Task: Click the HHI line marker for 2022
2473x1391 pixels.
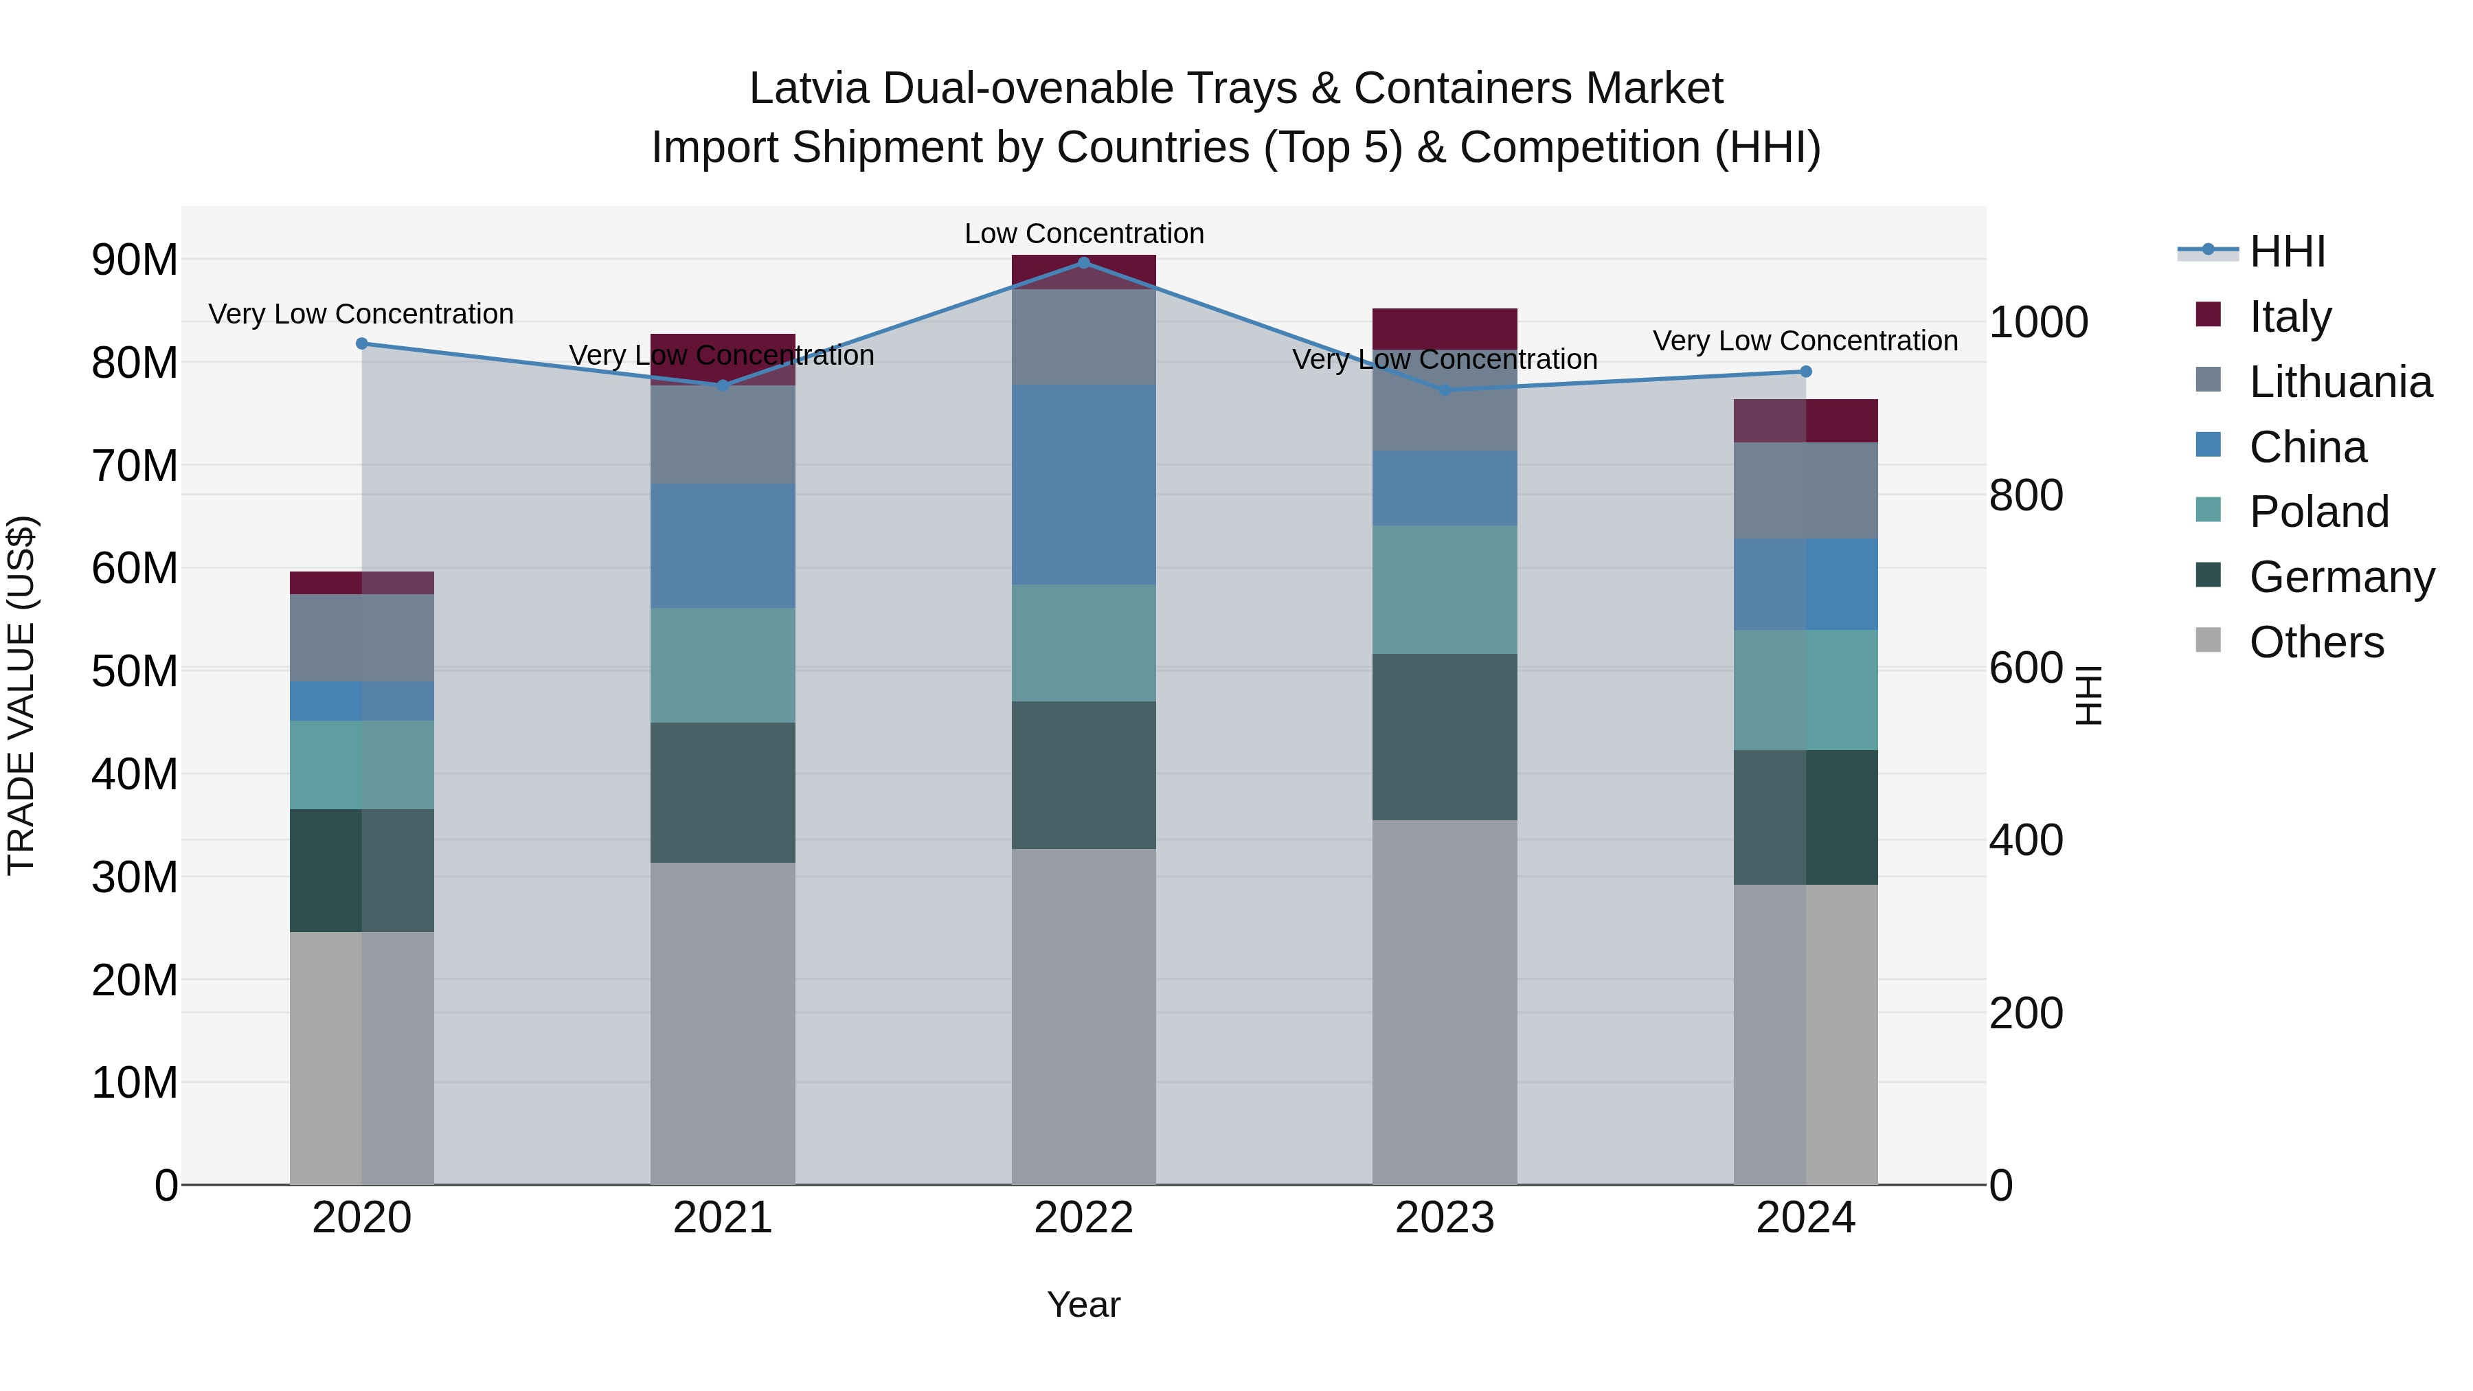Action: pos(1084,262)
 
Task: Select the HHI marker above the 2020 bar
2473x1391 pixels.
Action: pos(362,343)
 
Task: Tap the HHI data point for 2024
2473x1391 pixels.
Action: pos(1806,372)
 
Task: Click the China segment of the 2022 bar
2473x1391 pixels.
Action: pos(1084,485)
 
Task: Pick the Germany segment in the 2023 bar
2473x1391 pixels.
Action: pos(1445,736)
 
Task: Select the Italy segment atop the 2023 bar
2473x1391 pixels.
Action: pos(1445,328)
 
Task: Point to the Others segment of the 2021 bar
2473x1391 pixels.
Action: pos(723,1022)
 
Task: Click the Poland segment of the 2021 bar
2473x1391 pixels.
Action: pos(723,664)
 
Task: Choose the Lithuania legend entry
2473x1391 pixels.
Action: pos(2340,382)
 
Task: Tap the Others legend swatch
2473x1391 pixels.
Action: pos(2208,640)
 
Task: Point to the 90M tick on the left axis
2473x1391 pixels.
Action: pos(135,260)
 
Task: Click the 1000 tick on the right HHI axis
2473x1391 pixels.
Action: pos(2038,323)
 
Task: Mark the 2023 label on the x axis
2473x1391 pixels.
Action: pos(1445,1218)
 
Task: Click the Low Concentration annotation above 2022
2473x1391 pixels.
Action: pos(1084,234)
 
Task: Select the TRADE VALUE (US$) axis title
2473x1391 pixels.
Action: pos(21,695)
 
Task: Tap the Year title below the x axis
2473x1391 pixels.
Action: pos(1084,1304)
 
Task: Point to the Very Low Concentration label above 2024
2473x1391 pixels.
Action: pos(1805,341)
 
